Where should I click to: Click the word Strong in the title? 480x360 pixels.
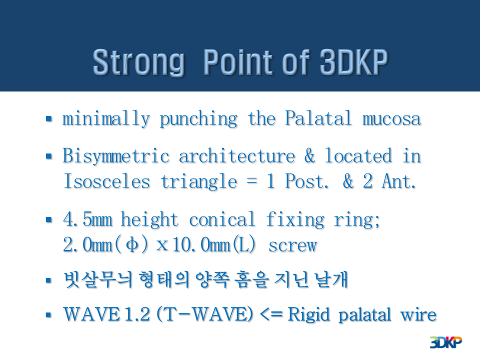[138, 62]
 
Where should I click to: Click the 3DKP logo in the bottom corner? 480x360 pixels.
[446, 342]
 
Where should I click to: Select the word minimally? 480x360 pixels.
[106, 119]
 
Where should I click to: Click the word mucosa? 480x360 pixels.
[392, 119]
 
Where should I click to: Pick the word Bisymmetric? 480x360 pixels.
[116, 156]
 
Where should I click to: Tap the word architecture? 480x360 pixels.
[237, 156]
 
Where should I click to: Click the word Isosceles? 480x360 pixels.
[107, 181]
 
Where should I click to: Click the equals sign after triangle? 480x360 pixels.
[252, 181]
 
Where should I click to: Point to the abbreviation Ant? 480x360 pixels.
[398, 181]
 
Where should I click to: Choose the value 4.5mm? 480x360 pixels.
[88, 219]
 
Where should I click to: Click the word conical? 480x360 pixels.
[222, 219]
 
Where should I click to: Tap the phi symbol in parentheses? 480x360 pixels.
[132, 245]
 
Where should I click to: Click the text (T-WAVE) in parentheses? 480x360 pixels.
[205, 314]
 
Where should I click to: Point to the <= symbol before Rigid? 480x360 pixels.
[271, 314]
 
